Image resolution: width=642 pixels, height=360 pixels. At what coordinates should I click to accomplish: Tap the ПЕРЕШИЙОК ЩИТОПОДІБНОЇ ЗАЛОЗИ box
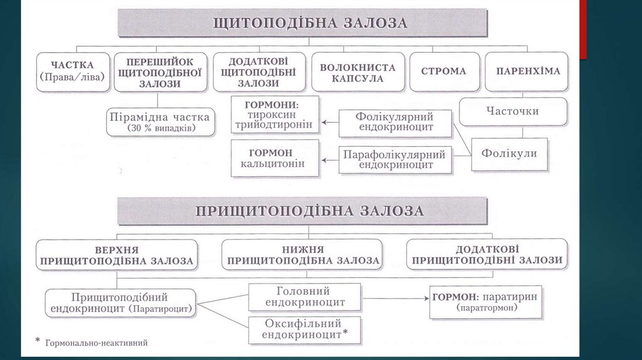click(x=159, y=71)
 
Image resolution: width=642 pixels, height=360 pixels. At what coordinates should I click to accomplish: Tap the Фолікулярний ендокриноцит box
click(x=395, y=123)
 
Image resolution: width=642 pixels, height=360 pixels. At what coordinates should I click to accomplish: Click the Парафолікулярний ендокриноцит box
click(x=395, y=160)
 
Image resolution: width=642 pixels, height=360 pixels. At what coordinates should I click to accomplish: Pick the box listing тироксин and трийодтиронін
click(x=273, y=114)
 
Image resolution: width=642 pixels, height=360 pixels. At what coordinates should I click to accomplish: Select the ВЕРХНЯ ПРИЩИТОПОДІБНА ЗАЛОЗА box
click(x=117, y=254)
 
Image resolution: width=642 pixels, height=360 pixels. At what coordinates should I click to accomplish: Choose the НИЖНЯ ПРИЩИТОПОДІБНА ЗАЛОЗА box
click(x=302, y=254)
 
